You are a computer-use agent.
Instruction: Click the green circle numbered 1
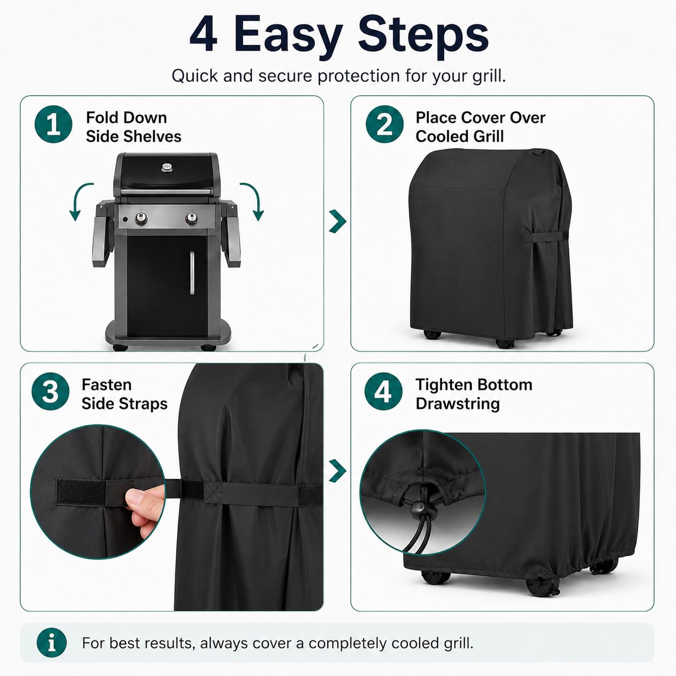tap(53, 124)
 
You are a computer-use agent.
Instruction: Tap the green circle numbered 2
tap(384, 124)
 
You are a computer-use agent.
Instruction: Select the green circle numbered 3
tap(50, 391)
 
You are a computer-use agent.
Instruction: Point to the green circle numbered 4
tap(383, 391)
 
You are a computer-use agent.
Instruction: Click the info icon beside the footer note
tap(52, 643)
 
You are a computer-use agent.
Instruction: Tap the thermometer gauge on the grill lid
tap(167, 167)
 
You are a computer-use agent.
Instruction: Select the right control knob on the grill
tap(191, 218)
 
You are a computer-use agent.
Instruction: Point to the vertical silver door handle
tap(192, 273)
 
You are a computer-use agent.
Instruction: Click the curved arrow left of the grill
tap(77, 196)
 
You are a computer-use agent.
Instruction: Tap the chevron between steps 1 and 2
tap(337, 221)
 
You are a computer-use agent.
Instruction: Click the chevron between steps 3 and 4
tap(337, 471)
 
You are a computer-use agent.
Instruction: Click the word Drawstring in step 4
tap(458, 404)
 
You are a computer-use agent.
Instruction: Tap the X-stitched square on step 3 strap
tap(213, 493)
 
